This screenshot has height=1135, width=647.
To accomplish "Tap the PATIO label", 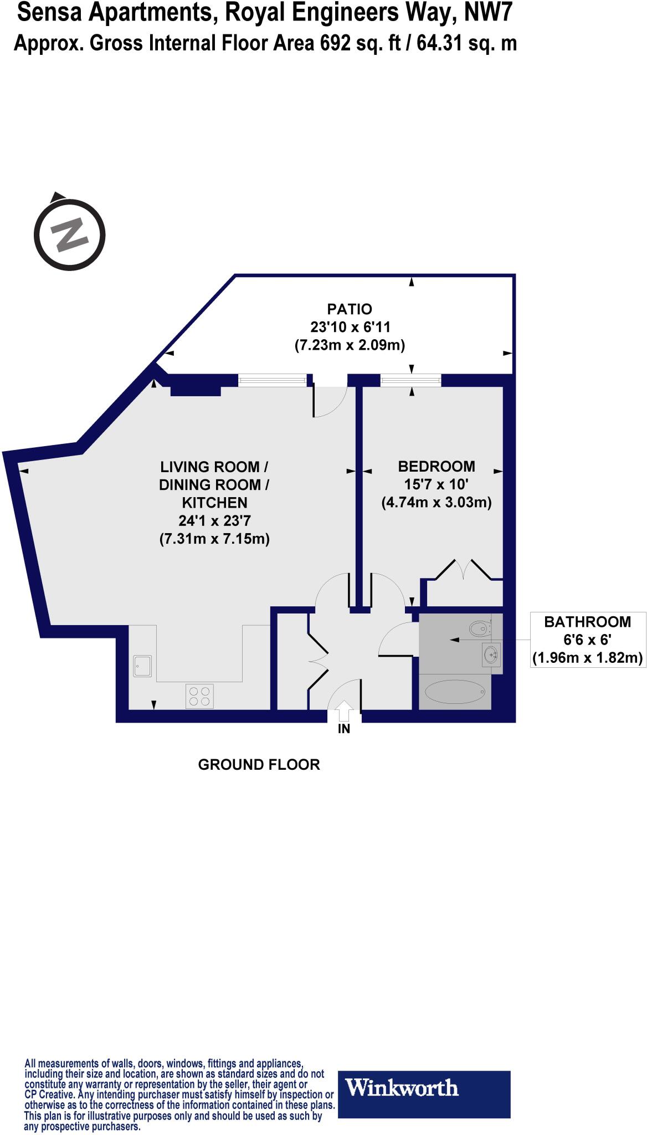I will pos(349,309).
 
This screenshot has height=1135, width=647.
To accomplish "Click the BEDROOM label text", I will pos(437,466).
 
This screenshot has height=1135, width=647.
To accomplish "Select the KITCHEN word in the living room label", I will pos(214,503).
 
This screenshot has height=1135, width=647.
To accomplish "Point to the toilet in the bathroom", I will pos(480,628).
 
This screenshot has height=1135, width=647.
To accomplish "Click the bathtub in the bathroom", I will pos(455,691).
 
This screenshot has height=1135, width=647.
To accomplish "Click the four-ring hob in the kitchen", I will pos(199,696).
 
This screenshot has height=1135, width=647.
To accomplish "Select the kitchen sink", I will pos(142,666).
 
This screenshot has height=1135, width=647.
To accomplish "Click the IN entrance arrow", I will pos(344,711).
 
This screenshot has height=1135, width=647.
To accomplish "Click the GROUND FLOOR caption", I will pos(259,765).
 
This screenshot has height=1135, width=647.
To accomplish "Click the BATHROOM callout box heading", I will pos(587,622).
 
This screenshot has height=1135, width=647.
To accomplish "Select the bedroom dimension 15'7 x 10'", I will pos(437,484).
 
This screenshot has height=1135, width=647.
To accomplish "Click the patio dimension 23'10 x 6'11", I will pos(349,327).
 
